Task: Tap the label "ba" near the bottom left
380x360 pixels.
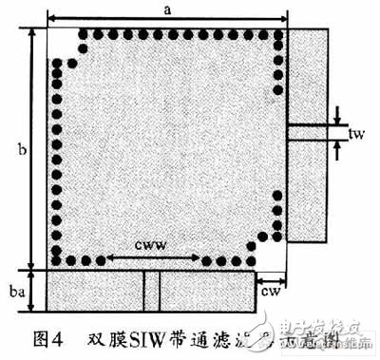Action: click(16, 293)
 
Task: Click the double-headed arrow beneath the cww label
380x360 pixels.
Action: click(152, 257)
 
